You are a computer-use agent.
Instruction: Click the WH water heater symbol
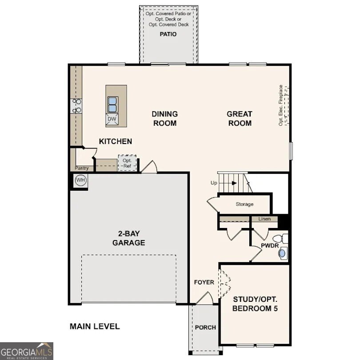80,180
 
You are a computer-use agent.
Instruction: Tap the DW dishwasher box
112,119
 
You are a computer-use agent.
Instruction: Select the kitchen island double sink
112,104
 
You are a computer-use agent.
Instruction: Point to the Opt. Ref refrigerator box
127,163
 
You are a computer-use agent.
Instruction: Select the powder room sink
282,253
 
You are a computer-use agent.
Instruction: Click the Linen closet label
264,219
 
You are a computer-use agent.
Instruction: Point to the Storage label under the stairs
244,204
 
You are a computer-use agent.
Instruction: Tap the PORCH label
205,327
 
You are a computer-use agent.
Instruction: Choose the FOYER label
204,282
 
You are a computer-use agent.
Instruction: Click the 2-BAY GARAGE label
128,239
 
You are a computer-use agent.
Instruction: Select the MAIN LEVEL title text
95,326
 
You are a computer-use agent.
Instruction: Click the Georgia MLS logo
27,351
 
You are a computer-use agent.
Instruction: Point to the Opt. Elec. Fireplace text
281,105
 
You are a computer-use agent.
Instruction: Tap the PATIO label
168,34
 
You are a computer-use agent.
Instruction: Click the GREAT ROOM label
240,119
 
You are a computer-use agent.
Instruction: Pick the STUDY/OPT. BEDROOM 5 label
255,304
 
